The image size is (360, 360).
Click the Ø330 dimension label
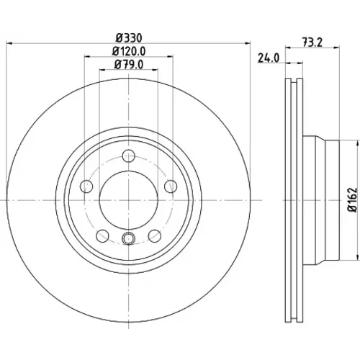(x=129, y=37)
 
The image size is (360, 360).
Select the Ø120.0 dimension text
(x=129, y=51)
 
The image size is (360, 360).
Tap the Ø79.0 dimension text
(x=129, y=65)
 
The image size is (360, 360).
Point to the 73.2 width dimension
(x=312, y=42)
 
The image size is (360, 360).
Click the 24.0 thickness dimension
(x=269, y=58)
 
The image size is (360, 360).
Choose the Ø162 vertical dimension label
(x=352, y=199)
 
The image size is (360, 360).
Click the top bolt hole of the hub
(x=129, y=156)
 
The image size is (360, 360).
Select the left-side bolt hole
(x=86, y=186)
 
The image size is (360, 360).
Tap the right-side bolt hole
(x=171, y=186)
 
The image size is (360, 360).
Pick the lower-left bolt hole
(x=102, y=236)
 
